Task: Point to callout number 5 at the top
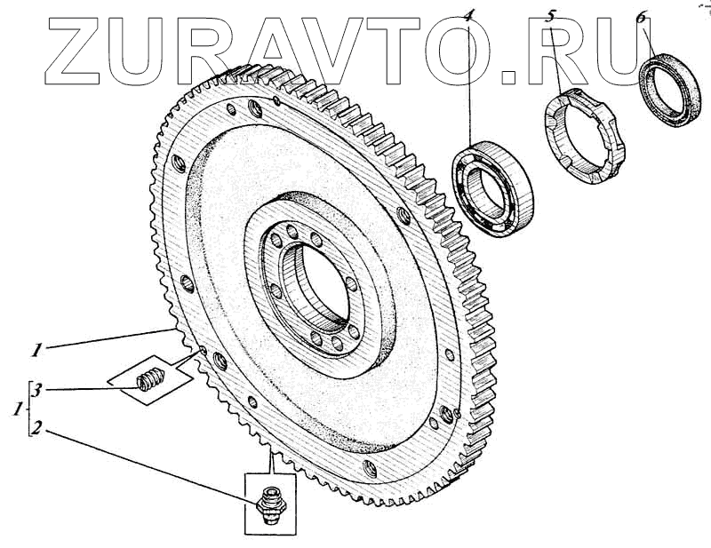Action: tap(550, 16)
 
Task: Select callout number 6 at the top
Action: tap(642, 17)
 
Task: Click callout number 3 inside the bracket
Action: tap(38, 389)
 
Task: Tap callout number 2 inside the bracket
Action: tap(38, 427)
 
